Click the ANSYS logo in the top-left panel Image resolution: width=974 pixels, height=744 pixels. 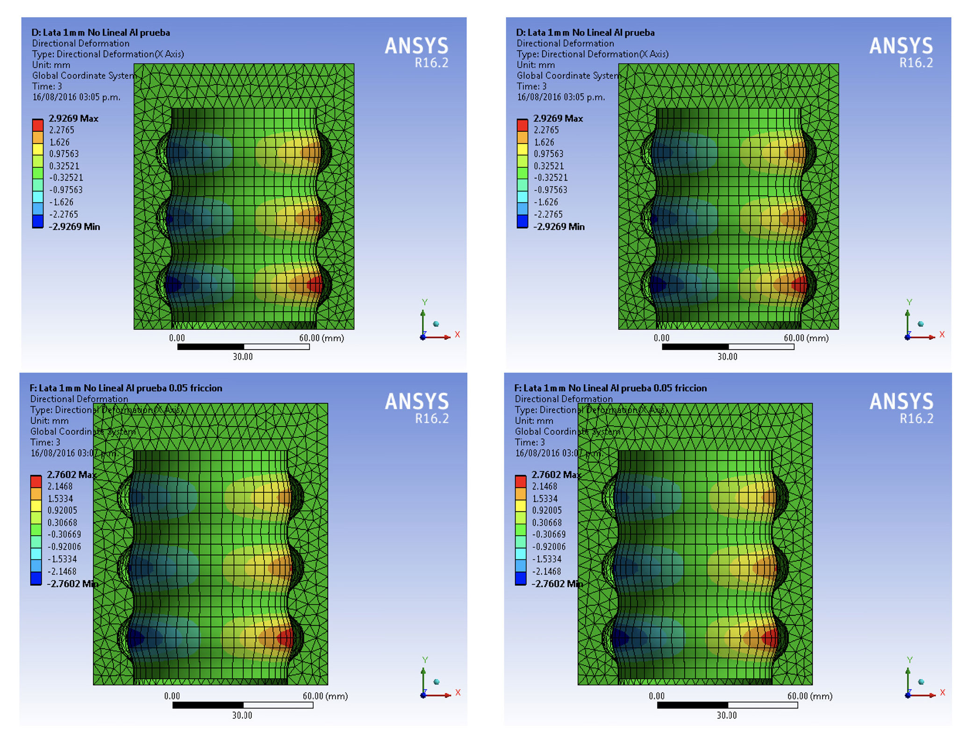click(416, 46)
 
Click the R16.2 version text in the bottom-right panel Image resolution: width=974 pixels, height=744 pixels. click(917, 418)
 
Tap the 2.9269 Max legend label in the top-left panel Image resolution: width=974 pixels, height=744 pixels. click(73, 118)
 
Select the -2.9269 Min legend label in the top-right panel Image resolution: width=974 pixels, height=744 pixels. click(559, 227)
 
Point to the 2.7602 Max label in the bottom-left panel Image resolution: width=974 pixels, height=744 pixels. click(71, 474)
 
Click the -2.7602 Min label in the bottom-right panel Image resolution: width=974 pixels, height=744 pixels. click(557, 584)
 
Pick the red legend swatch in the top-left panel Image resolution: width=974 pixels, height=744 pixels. click(37, 125)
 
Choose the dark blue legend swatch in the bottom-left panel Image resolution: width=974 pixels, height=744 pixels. click(36, 579)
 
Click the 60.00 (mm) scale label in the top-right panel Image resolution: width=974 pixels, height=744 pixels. click(806, 338)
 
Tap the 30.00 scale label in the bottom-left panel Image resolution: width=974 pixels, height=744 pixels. click(242, 715)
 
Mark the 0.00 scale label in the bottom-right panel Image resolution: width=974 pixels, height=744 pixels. click(656, 696)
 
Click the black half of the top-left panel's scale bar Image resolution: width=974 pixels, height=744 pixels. click(211, 347)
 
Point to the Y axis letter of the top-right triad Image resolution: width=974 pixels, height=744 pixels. click(909, 302)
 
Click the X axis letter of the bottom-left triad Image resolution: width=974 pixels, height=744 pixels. click(458, 692)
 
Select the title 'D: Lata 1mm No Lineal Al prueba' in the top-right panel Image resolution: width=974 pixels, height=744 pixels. click(585, 33)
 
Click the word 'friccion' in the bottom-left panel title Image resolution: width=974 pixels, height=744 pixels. click(206, 388)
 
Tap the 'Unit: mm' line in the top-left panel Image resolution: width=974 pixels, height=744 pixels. click(51, 65)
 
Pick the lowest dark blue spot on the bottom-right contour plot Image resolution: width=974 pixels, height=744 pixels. click(620, 638)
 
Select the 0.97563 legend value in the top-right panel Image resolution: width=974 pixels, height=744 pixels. click(549, 154)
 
